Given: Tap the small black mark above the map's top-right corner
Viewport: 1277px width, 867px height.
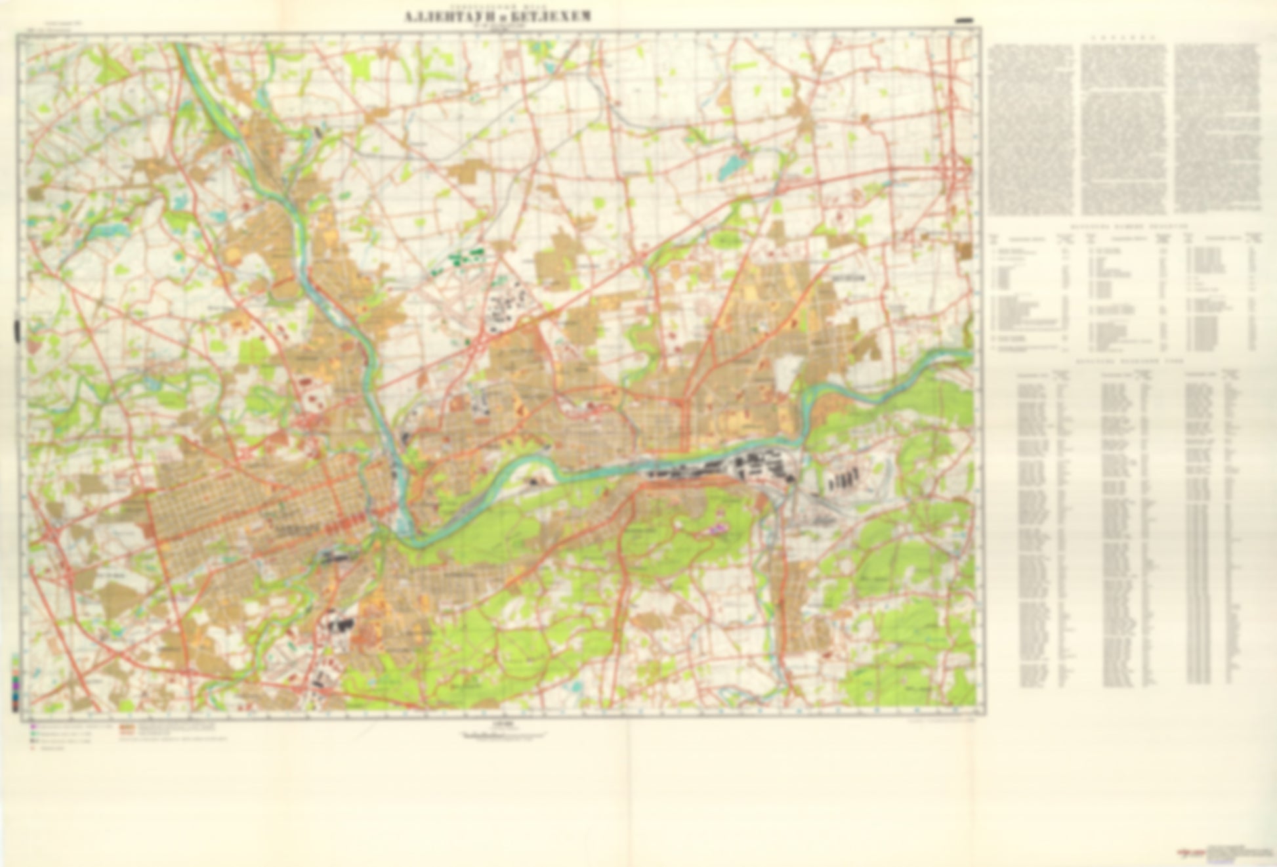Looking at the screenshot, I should (x=965, y=21).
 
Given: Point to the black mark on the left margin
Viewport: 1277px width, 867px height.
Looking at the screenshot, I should (x=18, y=331).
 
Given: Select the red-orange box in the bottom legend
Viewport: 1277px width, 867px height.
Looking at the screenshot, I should (x=127, y=728).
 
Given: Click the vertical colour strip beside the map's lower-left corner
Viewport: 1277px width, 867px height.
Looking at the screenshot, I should (x=15, y=683).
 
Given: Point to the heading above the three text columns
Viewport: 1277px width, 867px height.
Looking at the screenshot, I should (x=1123, y=39).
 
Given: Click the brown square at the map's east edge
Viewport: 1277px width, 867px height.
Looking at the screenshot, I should (x=964, y=250).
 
